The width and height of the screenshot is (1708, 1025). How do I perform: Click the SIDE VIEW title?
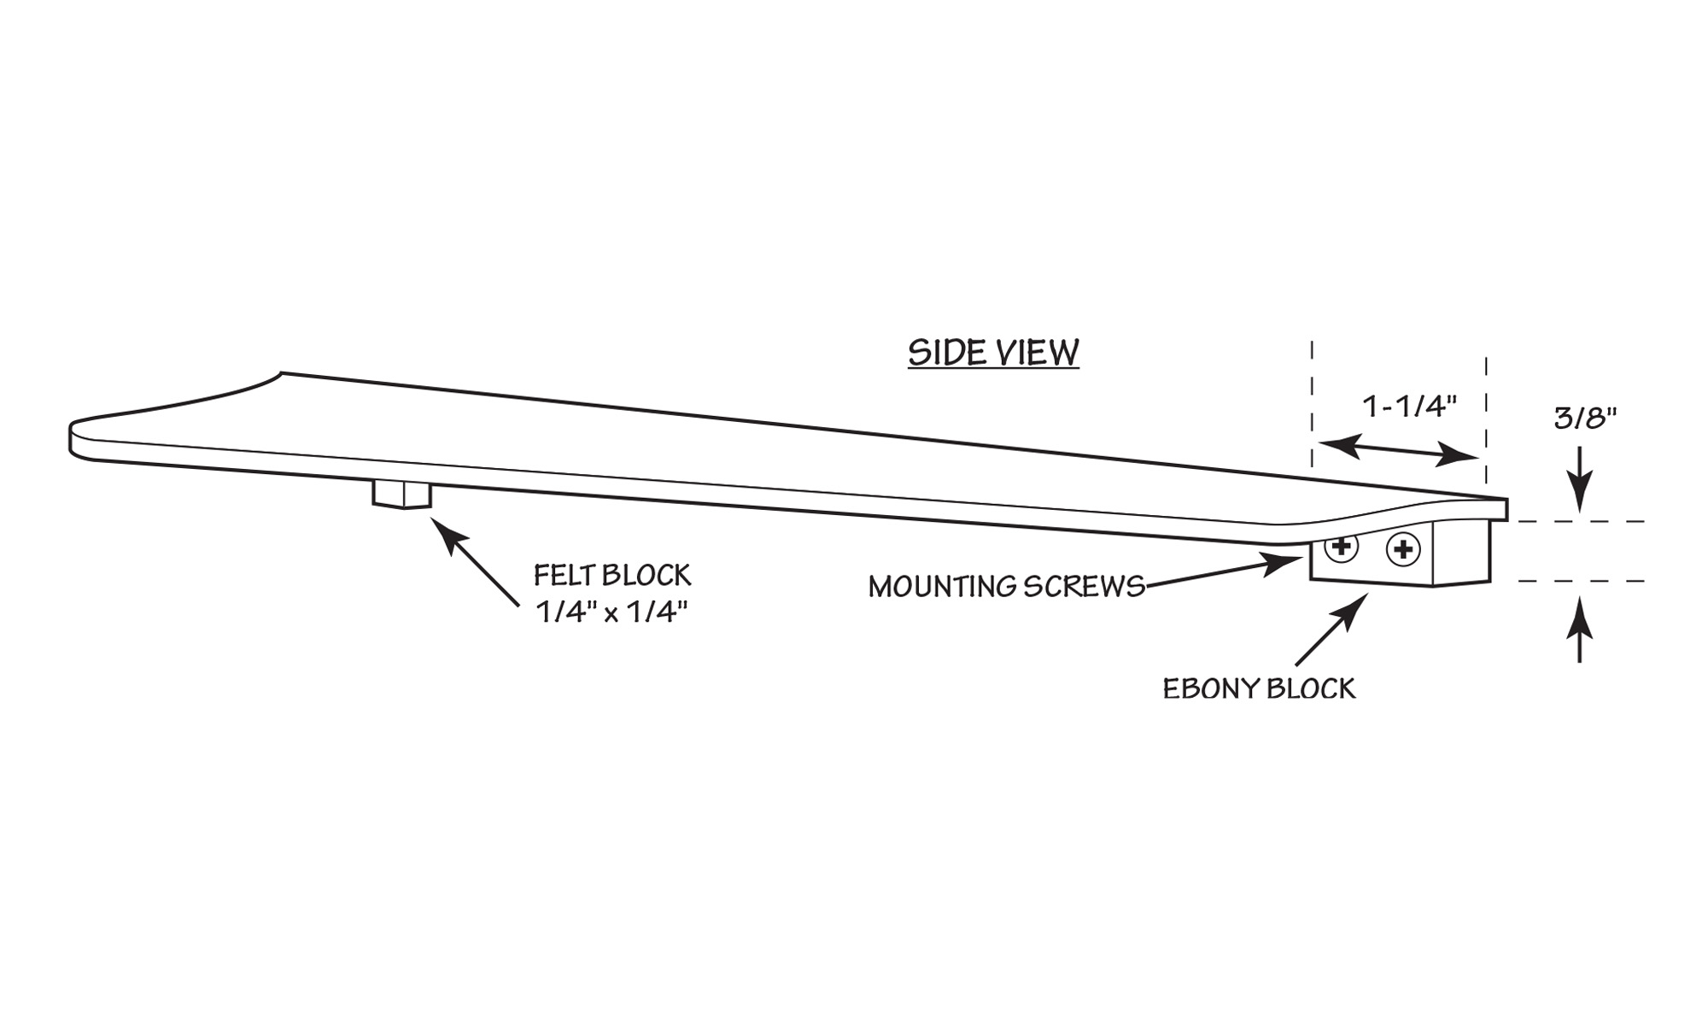[x=993, y=353]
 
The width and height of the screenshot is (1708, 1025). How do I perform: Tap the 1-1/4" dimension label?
[x=1409, y=407]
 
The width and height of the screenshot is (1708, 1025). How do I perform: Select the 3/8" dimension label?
[x=1585, y=418]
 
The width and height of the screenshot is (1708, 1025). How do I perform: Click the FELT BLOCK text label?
[x=612, y=575]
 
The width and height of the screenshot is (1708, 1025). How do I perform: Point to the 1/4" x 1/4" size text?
[x=611, y=612]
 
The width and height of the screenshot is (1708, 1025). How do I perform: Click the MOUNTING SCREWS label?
[x=1006, y=587]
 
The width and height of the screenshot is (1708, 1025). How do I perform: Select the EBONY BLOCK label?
[x=1259, y=688]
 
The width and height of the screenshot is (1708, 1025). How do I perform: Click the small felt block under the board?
[x=401, y=494]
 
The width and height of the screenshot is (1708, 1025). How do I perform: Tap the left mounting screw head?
[x=1342, y=546]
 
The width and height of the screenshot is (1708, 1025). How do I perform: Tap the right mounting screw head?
[x=1403, y=550]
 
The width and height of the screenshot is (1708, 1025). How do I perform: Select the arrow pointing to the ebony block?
[x=1329, y=630]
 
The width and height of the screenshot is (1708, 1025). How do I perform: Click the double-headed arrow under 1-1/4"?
[x=1398, y=450]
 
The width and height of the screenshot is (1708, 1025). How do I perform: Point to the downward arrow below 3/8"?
[x=1580, y=478]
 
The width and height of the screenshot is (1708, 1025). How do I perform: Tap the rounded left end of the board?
[x=81, y=440]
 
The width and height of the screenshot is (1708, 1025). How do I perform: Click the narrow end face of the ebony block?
[x=1461, y=555]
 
